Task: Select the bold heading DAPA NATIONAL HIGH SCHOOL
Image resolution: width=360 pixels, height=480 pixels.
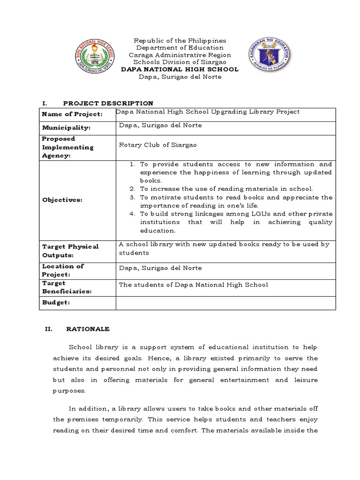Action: [180, 69]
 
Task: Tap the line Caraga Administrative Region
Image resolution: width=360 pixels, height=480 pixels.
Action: [180, 55]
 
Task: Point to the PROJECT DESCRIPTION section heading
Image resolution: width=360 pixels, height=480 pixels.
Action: [108, 103]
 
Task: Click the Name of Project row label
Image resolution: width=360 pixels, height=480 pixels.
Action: [72, 114]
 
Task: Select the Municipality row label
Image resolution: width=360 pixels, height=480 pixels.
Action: [66, 128]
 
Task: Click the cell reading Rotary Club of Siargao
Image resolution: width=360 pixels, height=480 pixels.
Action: [158, 145]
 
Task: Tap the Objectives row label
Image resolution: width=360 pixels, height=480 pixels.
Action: [62, 200]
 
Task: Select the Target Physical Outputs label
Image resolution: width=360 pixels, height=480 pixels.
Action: [70, 251]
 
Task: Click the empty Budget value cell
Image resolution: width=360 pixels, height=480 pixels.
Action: [225, 303]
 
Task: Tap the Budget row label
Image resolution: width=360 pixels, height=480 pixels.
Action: [56, 303]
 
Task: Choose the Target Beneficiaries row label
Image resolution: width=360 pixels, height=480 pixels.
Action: [67, 287]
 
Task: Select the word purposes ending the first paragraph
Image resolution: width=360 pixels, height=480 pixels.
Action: [70, 390]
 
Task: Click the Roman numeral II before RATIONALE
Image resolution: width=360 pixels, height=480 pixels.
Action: [48, 329]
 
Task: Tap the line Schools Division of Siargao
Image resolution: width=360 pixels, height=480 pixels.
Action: [180, 62]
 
